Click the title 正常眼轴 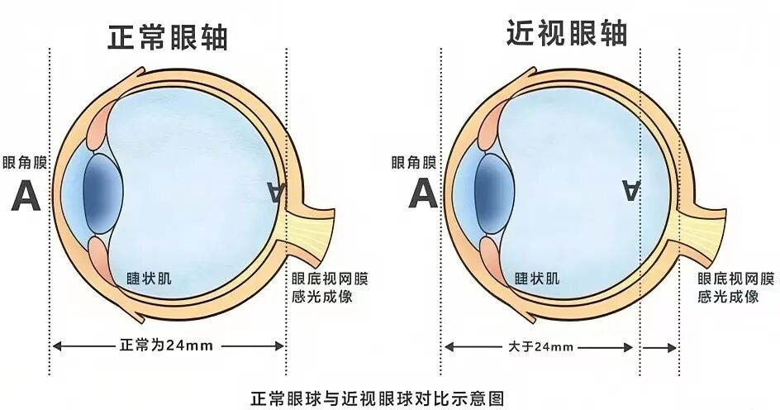tap(168, 37)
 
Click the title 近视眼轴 tap(567, 33)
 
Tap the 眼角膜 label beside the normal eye tap(25, 163)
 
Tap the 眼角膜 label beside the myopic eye tap(414, 162)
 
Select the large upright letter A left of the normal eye tap(26, 196)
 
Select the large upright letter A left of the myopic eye tap(423, 193)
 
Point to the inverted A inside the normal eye tap(276, 192)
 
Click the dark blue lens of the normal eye tap(103, 193)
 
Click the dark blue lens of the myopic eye tap(494, 193)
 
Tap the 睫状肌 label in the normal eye tap(150, 278)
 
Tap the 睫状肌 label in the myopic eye tap(537, 278)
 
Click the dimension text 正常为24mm tap(167, 345)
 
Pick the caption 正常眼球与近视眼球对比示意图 tap(378, 398)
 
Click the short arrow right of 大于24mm tap(659, 347)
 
